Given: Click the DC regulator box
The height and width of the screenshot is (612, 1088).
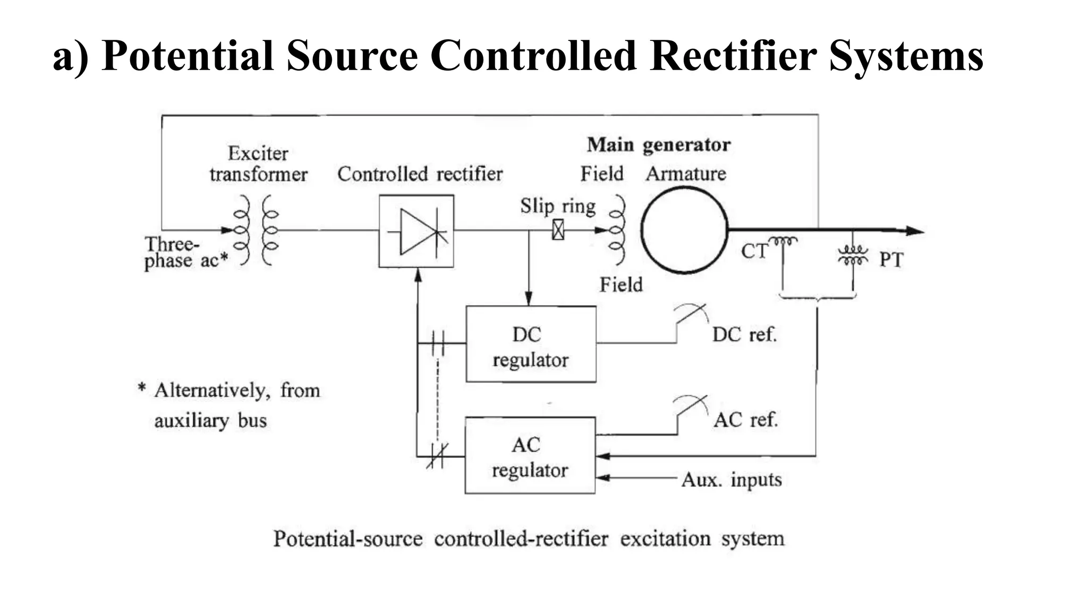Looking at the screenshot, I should (530, 344).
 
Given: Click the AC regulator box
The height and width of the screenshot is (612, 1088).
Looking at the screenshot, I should (530, 456).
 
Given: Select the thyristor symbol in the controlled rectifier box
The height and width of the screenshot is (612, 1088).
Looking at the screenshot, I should (416, 232).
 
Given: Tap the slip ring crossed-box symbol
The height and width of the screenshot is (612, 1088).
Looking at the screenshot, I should (558, 230).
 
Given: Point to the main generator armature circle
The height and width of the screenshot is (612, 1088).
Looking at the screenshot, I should (684, 229).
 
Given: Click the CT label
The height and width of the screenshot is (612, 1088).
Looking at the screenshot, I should (754, 251).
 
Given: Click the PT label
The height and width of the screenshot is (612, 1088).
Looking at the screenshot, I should (891, 260).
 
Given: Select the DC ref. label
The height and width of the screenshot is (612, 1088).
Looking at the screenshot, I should (744, 335).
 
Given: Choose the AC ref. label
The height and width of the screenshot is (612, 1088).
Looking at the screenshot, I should (745, 420).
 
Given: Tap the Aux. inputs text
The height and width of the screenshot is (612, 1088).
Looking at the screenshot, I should (731, 480).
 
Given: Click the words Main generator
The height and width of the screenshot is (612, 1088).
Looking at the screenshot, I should (658, 144).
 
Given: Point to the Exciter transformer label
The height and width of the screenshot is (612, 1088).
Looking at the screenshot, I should (258, 164).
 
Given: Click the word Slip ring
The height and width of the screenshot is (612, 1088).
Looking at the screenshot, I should (557, 206).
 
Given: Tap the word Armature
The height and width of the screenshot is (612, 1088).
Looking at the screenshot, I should (686, 174).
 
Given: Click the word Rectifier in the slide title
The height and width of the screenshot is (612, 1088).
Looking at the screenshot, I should (733, 55).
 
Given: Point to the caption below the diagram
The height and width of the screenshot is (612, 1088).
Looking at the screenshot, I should (529, 539).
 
